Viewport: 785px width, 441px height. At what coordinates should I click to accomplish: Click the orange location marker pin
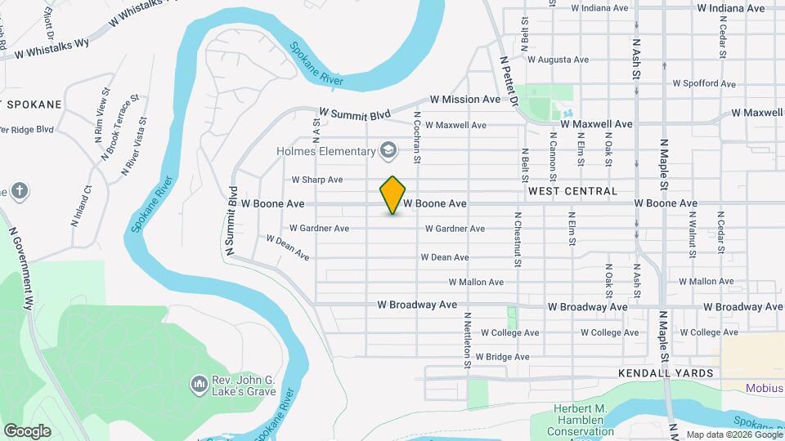click(393, 194)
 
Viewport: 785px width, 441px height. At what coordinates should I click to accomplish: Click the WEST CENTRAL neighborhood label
click(572, 191)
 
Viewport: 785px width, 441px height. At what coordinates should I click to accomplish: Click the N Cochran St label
click(417, 138)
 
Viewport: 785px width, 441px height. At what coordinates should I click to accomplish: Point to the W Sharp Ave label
click(316, 180)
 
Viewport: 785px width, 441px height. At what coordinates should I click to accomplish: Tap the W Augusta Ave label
click(558, 60)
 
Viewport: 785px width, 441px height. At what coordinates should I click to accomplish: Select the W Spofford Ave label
click(704, 83)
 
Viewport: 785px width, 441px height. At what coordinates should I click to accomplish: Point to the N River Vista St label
click(134, 146)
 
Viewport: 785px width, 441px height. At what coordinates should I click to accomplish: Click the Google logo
click(27, 430)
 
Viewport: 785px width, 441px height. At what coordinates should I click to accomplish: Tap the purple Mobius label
click(765, 388)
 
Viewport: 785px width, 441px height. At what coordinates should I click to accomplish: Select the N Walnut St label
click(691, 234)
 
